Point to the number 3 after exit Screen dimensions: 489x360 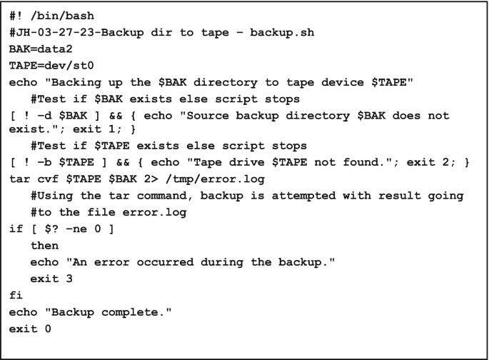69,279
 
